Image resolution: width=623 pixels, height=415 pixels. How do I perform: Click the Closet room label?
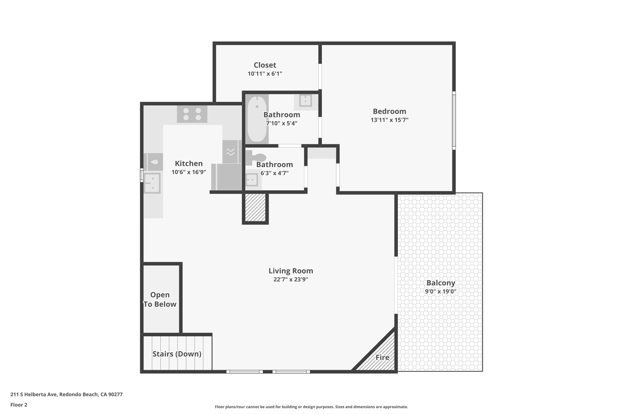pos(265,65)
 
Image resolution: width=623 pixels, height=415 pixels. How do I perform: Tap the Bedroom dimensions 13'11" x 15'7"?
pos(389,120)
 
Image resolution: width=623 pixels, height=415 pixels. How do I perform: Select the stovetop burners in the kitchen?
pos(192,114)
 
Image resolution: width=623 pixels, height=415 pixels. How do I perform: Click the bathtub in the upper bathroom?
pos(257,119)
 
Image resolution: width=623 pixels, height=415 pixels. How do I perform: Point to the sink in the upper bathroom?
pos(305,101)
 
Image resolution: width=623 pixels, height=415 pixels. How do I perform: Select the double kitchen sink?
pos(152,183)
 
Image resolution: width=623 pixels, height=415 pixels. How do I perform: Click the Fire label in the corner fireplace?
pos(382,358)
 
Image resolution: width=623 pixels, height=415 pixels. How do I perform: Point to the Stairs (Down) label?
pos(177,354)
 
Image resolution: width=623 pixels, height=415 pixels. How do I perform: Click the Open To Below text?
pos(160,299)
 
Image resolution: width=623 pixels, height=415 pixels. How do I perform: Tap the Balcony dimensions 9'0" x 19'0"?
pos(440,292)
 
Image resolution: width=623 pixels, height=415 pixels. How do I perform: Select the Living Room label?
pos(291,271)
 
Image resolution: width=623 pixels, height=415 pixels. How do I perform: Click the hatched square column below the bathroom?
pos(255,208)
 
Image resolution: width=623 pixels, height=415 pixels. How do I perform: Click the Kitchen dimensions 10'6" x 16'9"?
pos(189,172)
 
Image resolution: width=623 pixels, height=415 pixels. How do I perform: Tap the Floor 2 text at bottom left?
pos(19,405)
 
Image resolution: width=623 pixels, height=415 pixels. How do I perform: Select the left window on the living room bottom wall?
pos(244,372)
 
